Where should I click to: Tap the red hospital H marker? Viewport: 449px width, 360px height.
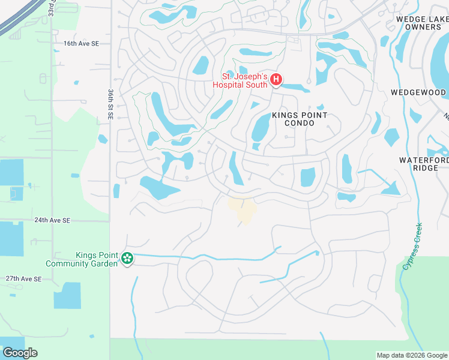point(276,80)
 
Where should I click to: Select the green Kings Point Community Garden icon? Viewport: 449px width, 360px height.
point(127,259)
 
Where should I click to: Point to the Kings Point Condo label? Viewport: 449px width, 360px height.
point(300,119)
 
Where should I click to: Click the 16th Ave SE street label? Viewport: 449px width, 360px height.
point(81,44)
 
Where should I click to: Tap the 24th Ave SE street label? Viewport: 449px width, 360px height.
point(53,221)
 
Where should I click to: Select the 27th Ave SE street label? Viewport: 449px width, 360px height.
point(24,279)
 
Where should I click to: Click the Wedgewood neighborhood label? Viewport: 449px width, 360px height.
point(418,92)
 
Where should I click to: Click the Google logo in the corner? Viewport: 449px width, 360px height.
point(20,353)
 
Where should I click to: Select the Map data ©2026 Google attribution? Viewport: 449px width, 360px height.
point(412,355)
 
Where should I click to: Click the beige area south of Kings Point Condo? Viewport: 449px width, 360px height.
point(243,210)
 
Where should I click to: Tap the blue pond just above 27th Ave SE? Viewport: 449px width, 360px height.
point(67,295)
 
